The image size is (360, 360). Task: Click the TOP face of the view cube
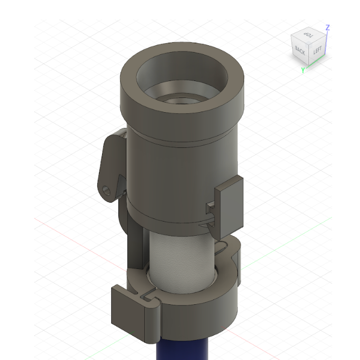(308, 35)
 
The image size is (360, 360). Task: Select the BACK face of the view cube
(300, 51)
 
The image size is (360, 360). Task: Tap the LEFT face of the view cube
(317, 51)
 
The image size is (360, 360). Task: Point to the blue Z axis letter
(328, 27)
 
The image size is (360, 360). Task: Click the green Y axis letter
(303, 70)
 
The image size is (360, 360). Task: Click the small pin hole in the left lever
(107, 188)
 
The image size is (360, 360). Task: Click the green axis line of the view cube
(315, 64)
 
